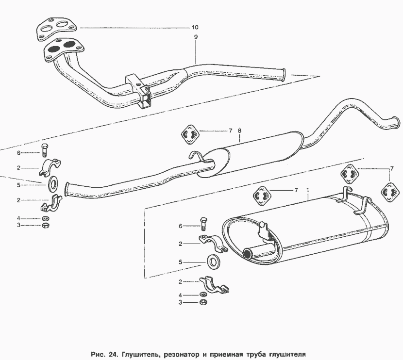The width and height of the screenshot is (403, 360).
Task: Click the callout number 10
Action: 195,27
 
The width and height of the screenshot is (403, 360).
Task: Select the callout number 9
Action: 196,37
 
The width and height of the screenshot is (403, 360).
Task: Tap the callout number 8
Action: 239,131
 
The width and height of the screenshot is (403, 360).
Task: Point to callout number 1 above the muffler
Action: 307,190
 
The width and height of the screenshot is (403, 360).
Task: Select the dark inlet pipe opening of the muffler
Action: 248,254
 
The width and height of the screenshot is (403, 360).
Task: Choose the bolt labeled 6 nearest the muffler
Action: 203,224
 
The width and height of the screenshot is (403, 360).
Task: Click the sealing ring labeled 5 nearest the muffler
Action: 213,262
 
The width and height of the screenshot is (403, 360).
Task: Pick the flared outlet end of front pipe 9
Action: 283,75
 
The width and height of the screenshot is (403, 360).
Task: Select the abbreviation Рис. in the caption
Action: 98,355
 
